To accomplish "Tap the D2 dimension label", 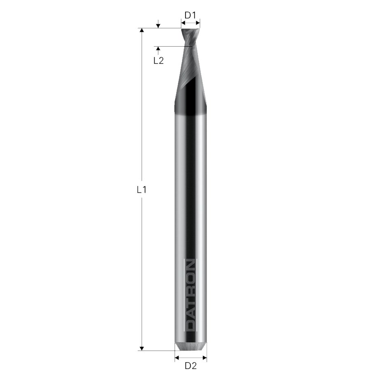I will (190, 365).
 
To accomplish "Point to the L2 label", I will (159, 60).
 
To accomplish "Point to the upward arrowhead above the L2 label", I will (158, 49).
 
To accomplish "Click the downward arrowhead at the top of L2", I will (158, 26).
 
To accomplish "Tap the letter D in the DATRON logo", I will (190, 325).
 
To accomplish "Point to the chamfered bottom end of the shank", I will (190, 345).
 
